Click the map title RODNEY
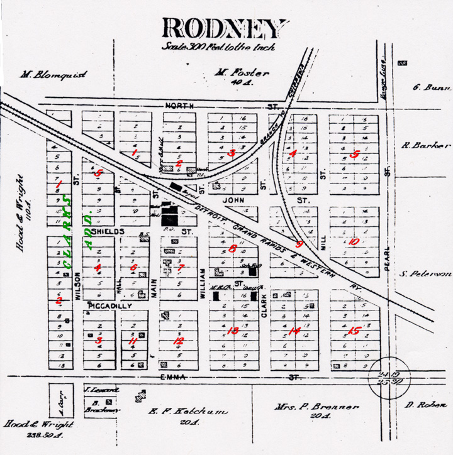coord(223,28)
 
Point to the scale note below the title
coord(218,47)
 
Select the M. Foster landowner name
coord(242,73)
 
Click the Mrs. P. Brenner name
coord(316,407)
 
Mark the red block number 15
coord(354,331)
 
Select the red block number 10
coord(354,242)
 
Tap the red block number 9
coord(299,244)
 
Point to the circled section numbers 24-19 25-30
coord(383,378)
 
